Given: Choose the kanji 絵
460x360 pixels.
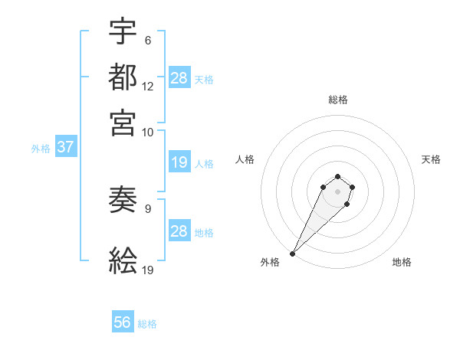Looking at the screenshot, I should [x=123, y=261].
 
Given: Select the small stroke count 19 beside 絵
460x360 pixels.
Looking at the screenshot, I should [x=147, y=270].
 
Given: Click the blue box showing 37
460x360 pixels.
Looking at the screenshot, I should [x=65, y=147].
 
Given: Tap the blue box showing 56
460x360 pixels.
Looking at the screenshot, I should [x=123, y=322].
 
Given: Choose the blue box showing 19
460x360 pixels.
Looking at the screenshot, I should [x=179, y=162].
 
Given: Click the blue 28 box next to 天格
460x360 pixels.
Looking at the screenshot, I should [x=179, y=77].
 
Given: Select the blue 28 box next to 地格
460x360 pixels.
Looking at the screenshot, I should [x=179, y=231].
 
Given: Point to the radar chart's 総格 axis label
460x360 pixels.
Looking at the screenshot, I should [x=337, y=100].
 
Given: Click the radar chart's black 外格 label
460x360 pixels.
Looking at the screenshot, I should [x=270, y=262].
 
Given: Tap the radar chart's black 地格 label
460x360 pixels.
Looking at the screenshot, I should [x=402, y=262].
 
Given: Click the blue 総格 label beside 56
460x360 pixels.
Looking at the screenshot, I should [x=147, y=324].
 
